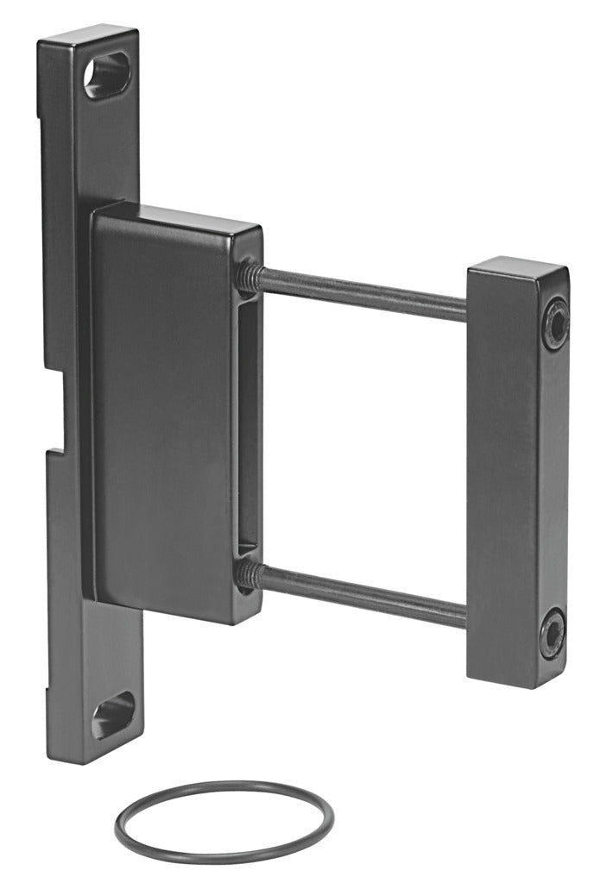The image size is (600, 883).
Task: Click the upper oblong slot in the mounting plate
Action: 107,75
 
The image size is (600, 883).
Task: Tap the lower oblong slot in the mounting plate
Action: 113,715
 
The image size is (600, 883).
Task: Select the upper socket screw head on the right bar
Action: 554,323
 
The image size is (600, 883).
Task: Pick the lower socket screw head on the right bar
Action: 553,633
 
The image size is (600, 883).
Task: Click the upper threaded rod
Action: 363,293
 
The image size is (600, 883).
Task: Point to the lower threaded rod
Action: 363,594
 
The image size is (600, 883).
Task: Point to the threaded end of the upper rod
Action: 250,273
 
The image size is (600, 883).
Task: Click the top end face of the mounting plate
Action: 88,34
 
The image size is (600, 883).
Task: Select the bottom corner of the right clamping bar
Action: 542,686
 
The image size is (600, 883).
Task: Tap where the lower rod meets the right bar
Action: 466,614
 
